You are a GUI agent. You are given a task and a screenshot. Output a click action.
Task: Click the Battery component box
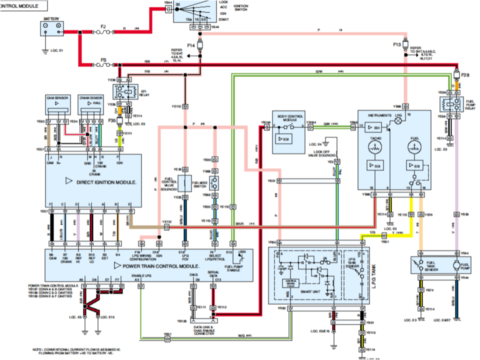52,28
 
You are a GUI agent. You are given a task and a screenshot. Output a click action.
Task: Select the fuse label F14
191,45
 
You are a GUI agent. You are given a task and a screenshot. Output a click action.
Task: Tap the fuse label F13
397,44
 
